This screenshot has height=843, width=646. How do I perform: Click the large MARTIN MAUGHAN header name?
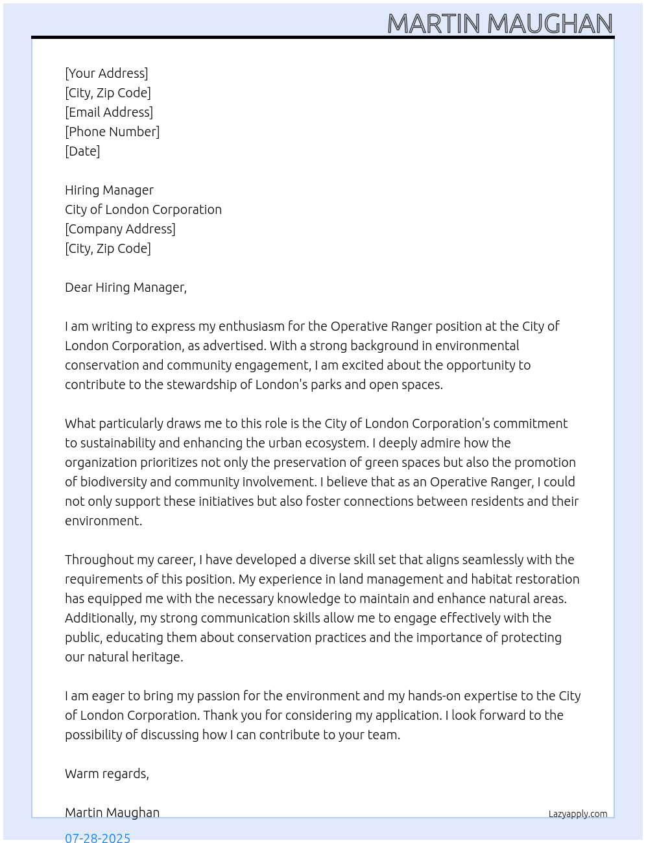[499, 24]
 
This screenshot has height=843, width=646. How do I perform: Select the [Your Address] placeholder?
[106, 73]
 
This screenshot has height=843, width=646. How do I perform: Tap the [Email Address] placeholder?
[109, 112]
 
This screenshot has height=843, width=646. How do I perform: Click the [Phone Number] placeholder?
[112, 132]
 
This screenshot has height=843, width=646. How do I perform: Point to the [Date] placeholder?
[82, 151]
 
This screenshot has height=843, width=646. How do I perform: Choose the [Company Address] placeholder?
[120, 229]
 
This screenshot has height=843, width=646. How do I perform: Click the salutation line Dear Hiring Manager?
[126, 287]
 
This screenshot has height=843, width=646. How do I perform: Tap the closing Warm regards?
[107, 774]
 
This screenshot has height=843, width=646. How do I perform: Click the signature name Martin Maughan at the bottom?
[112, 813]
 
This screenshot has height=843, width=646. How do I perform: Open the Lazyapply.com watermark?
[578, 814]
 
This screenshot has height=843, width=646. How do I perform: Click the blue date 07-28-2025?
[98, 838]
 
